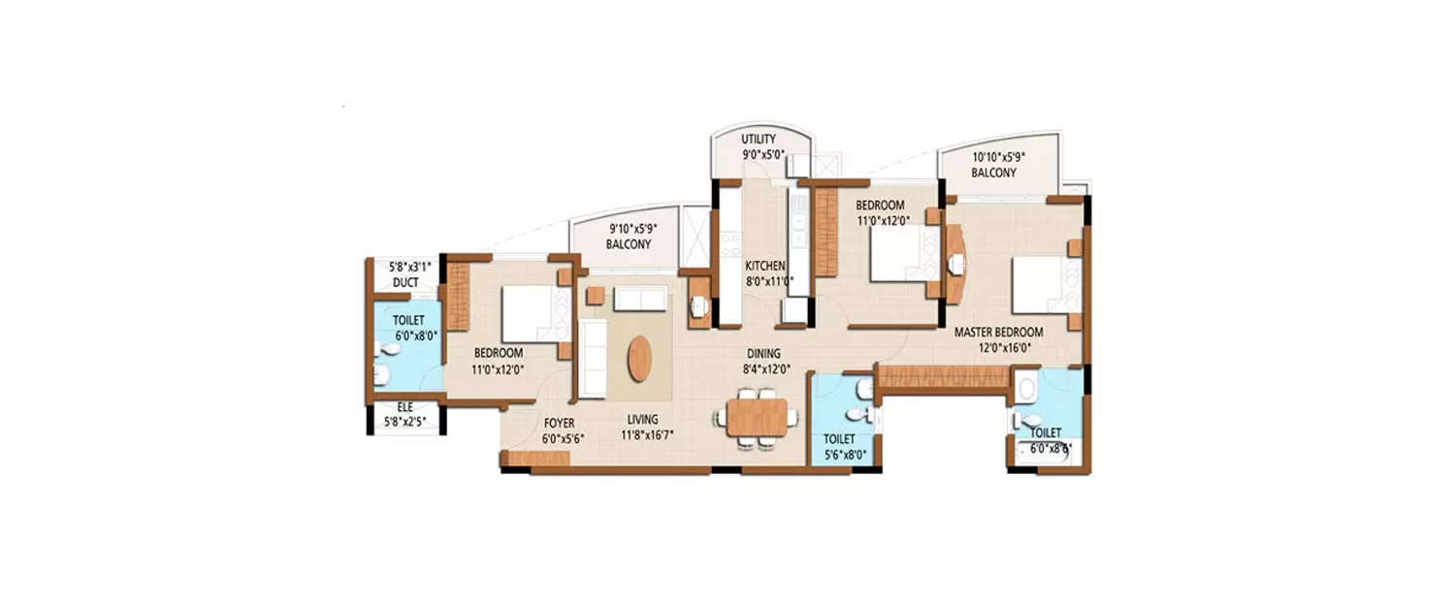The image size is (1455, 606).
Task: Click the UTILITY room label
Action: [x=759, y=140]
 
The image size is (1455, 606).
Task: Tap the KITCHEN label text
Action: [x=764, y=267]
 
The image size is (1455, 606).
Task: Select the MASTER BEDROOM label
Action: [x=998, y=332]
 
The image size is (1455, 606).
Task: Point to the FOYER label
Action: [x=559, y=424]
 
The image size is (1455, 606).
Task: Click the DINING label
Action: [x=763, y=354]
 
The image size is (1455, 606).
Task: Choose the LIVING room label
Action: [x=642, y=419]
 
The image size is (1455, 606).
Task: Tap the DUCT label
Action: [x=405, y=283]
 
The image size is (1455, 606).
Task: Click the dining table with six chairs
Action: [x=758, y=417]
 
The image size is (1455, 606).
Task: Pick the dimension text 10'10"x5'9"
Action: [x=999, y=156]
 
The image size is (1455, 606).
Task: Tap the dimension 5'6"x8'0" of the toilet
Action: [x=840, y=454]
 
